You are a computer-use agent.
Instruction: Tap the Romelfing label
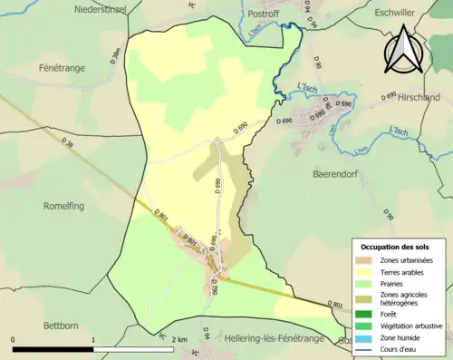pyautogui.click(x=63, y=206)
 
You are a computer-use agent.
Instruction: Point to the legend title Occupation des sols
pyautogui.click(x=397, y=247)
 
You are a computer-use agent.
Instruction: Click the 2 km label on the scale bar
pyautogui.click(x=178, y=339)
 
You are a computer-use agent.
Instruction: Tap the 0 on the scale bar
pyautogui.click(x=14, y=339)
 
